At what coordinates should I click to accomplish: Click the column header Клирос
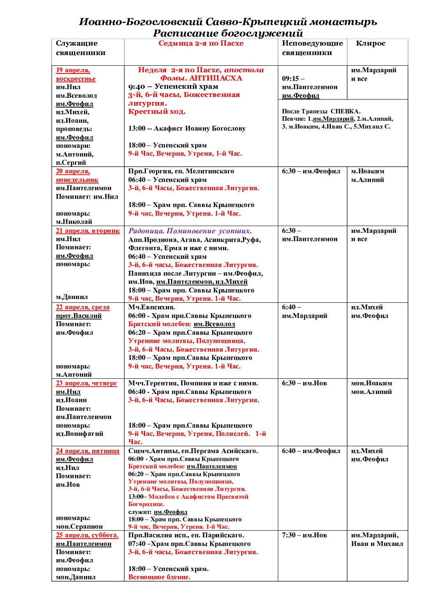click(370, 44)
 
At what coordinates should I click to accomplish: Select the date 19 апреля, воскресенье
click(76, 74)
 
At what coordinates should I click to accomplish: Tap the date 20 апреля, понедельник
click(77, 175)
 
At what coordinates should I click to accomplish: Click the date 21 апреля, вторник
click(88, 230)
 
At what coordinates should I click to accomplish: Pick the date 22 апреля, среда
click(83, 307)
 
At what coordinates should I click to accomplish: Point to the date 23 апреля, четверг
click(86, 383)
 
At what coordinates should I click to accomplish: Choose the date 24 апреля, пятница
click(88, 451)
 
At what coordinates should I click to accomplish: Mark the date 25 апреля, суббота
click(87, 535)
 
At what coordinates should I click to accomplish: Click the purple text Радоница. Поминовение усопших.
click(190, 231)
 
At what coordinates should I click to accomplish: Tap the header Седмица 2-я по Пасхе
click(201, 44)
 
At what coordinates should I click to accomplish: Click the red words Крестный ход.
click(157, 112)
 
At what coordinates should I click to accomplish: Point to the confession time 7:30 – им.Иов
click(304, 535)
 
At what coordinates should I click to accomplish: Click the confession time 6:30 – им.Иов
click(304, 383)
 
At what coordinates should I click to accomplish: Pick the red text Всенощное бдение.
click(160, 577)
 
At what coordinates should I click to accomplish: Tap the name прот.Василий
click(79, 316)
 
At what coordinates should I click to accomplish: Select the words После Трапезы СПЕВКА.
click(321, 111)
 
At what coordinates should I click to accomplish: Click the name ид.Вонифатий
click(79, 434)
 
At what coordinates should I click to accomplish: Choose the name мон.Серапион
click(79, 527)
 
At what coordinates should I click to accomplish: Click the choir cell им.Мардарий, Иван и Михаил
click(377, 539)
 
